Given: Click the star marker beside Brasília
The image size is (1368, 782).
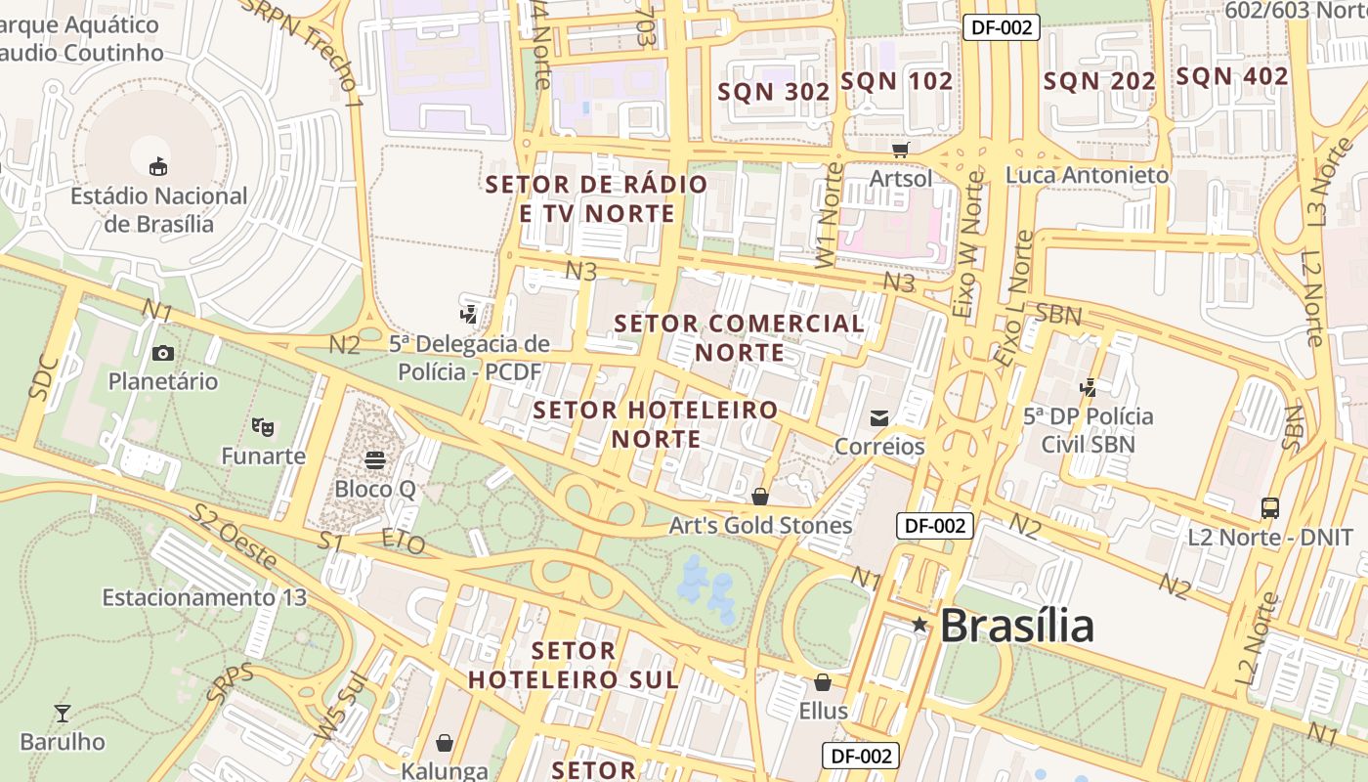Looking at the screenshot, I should pos(919,624).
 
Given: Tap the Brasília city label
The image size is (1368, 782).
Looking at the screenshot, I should pos(1016,626).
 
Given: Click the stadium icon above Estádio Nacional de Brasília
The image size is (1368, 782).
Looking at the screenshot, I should pos(157,166).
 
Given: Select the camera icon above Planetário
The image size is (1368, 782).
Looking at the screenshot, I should pos(163,353).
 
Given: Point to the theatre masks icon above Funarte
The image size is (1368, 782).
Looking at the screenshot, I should pos(262,427).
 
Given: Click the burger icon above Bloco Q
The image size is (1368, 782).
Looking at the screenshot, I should pos(375,459).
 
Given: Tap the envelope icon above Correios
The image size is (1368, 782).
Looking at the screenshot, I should pos(879,418).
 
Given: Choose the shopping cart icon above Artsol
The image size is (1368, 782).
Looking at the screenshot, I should pos(900,150).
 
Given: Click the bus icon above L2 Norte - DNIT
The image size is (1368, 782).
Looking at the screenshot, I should pos(1269,508).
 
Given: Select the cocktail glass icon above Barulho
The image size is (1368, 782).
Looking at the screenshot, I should pos(63,713).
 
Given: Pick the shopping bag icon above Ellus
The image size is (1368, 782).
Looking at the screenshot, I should pos(823,681).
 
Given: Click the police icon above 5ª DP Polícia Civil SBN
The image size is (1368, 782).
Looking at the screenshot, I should pos(1088,387).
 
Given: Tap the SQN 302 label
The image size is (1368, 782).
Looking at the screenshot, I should pos(774,92).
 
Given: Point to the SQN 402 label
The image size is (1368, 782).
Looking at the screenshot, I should pos(1231,76).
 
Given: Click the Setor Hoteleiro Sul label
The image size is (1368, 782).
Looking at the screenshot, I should pos(573,665).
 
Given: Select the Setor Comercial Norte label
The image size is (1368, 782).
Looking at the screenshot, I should pos(740,337).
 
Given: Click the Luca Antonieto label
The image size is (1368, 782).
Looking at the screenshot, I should pos(1087,175).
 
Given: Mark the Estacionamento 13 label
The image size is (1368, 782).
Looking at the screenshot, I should pos(204,597).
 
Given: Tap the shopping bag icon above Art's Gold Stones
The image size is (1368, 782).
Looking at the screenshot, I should pos(760,497).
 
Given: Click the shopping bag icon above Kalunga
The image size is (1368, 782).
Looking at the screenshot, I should pos(445,743).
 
